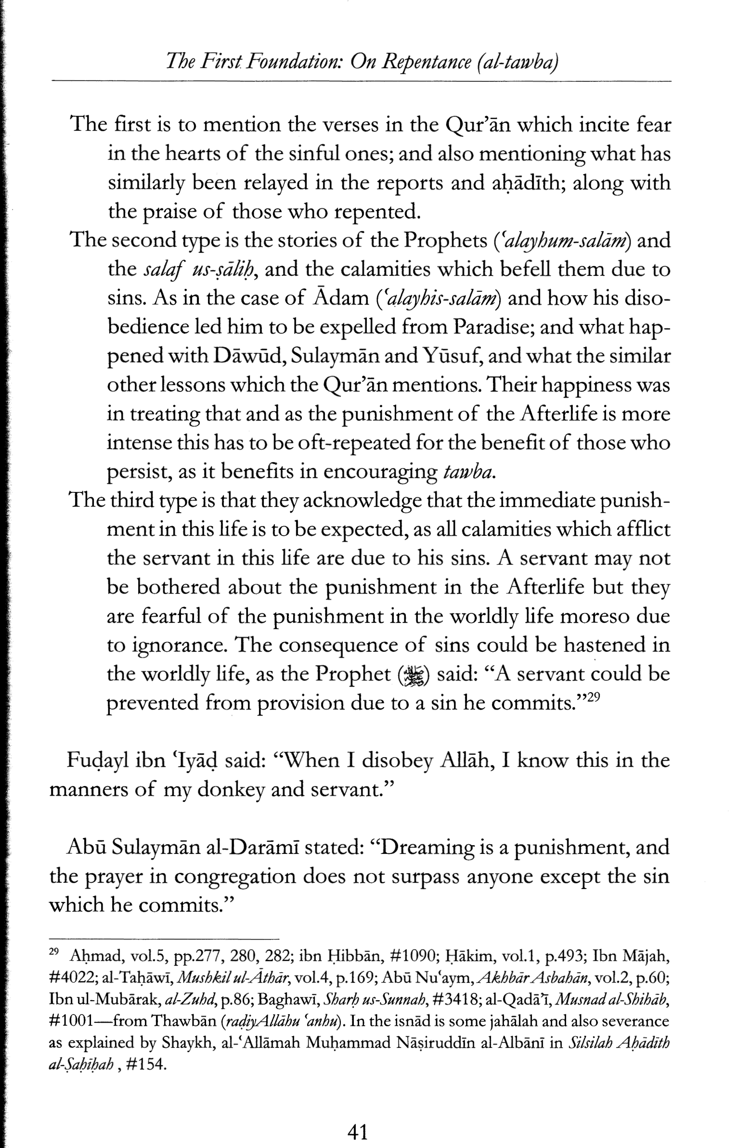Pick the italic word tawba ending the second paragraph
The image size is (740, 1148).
coord(466,473)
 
